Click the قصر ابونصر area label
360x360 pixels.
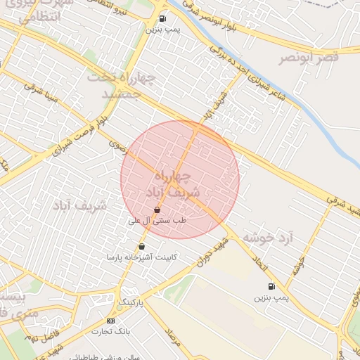[x=309, y=58]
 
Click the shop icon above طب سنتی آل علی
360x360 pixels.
[x=156, y=210]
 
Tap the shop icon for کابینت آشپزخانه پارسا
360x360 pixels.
[x=143, y=246]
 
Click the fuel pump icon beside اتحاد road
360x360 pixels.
[x=271, y=285]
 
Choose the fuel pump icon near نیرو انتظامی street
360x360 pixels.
[x=163, y=19]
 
